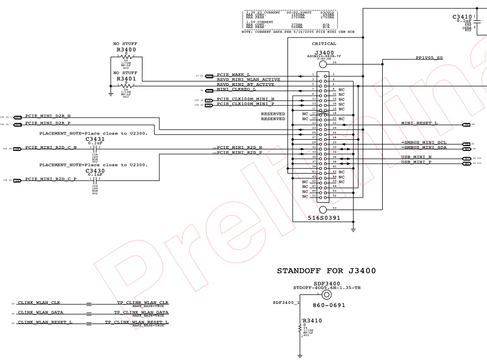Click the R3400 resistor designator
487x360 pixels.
click(126, 49)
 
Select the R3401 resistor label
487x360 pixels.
click(126, 78)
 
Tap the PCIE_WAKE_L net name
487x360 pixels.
click(234, 75)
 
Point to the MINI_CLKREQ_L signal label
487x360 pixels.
click(237, 89)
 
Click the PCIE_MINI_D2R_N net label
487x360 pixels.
click(48, 115)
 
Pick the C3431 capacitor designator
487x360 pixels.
click(95, 139)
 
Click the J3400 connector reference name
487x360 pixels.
click(324, 53)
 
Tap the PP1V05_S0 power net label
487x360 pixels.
click(429, 58)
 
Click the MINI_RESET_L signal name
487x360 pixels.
click(419, 123)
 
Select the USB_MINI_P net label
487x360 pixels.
click(416, 162)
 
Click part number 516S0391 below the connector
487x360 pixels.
click(324, 218)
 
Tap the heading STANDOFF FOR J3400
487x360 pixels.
click(327, 271)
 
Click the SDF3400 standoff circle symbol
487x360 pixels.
click(327, 295)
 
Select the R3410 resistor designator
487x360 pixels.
click(312, 320)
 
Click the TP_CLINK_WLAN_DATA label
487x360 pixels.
click(142, 312)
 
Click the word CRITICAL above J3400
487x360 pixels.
click(324, 44)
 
